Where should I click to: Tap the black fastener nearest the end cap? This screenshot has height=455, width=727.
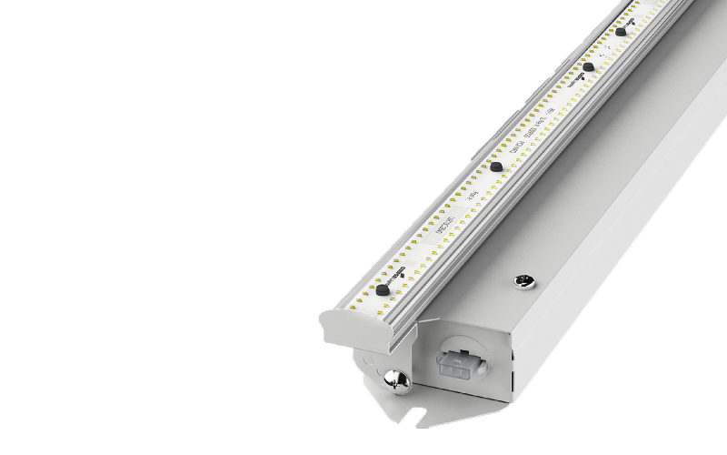pyautogui.click(x=383, y=288)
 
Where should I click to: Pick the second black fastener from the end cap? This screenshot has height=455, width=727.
pyautogui.click(x=496, y=166)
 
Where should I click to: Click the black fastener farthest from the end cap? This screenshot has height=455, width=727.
pyautogui.click(x=620, y=32)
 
